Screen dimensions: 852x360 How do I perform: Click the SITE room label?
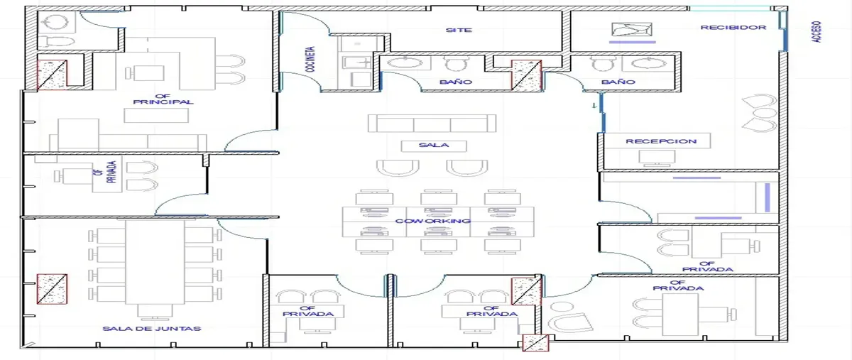pos(459,30)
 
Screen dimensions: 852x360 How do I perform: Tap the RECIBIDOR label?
pos(733,28)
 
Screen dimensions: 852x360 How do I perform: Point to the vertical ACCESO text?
pos(816,31)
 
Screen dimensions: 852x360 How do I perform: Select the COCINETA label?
pos(311,60)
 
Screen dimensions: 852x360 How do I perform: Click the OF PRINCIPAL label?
pos(163,99)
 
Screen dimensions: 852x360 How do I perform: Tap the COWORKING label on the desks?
pos(433,221)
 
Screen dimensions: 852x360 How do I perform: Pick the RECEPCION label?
pos(661,141)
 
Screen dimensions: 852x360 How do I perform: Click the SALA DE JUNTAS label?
pos(152,329)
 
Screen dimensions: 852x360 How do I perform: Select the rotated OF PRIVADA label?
pos(105,172)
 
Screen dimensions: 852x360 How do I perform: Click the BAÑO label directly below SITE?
pos(456,82)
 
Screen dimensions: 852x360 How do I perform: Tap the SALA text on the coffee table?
pos(434,145)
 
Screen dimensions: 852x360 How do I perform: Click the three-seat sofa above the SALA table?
pos(432,124)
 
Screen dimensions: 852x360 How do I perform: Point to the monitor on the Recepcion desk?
pos(657,158)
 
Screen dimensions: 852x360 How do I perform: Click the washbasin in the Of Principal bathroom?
pos(56,22)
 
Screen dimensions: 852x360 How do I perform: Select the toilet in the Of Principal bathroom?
pos(57,42)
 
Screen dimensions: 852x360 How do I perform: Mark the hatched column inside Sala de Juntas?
pos(52,289)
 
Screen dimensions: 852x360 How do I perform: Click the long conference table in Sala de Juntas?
pos(155,262)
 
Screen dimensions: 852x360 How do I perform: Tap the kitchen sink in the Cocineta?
pos(356,62)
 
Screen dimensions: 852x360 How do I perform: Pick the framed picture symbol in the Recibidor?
pos(632,29)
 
